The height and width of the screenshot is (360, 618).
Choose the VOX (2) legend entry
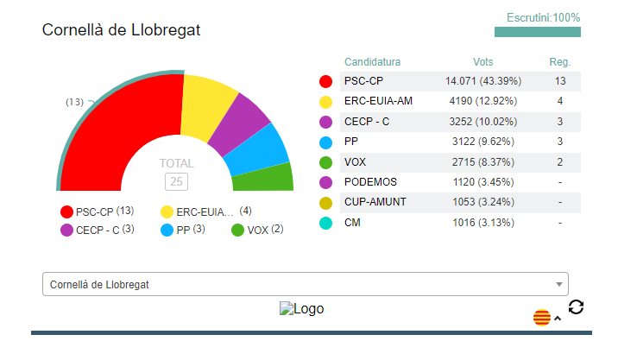(257, 230)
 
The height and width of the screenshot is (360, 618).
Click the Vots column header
(483, 62)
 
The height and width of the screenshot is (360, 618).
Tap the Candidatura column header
(372, 62)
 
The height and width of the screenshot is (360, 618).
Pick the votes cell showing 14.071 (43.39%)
(483, 81)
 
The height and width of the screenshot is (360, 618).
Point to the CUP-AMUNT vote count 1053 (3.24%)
(483, 202)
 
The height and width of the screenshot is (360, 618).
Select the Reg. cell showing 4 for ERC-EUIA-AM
(560, 101)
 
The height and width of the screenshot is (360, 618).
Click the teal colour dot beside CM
(325, 224)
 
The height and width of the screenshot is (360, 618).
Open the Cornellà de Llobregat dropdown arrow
(559, 284)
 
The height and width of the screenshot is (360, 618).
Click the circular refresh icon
(577, 306)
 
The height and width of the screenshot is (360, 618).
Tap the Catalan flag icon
(541, 318)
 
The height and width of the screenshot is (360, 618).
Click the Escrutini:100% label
(543, 17)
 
